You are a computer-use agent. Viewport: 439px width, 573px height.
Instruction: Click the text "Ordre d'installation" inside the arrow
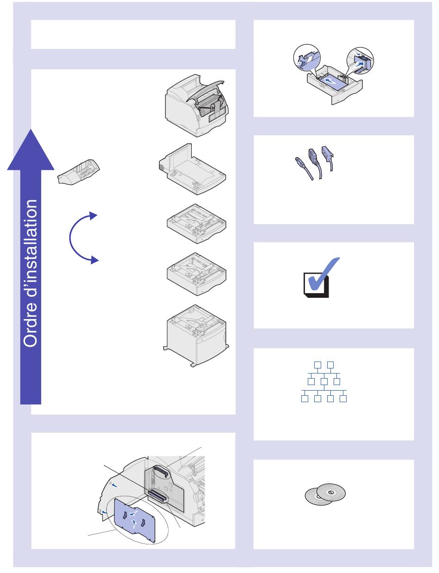(x=31, y=273)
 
